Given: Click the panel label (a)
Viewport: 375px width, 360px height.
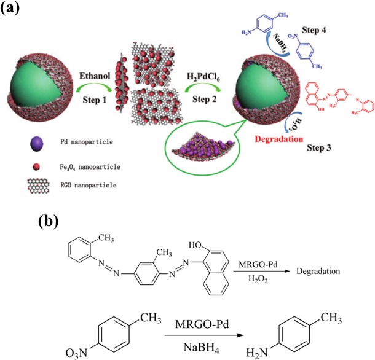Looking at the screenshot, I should coord(14,9).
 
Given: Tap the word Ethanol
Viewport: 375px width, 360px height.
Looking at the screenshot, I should coord(93,76).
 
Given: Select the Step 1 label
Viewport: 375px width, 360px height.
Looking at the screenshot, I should coord(93,100).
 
